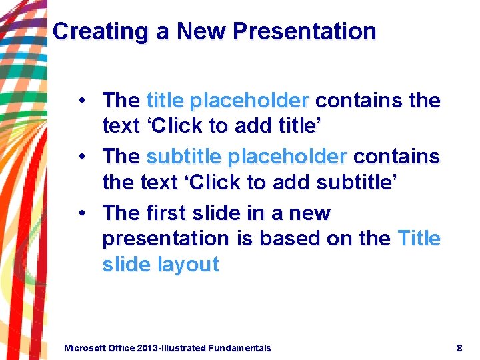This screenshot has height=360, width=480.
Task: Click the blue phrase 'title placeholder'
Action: [x=227, y=101]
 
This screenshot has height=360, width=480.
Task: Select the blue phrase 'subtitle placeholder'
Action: [x=247, y=157]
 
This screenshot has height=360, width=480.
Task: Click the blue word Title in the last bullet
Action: [x=419, y=238]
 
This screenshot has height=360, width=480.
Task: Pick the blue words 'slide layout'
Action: [x=161, y=265]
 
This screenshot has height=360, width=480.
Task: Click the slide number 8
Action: [x=459, y=348]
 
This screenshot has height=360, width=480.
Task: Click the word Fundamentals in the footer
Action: [x=239, y=348]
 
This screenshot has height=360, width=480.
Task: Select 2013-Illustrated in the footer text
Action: [x=172, y=348]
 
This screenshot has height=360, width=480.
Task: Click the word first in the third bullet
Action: [x=167, y=213]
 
